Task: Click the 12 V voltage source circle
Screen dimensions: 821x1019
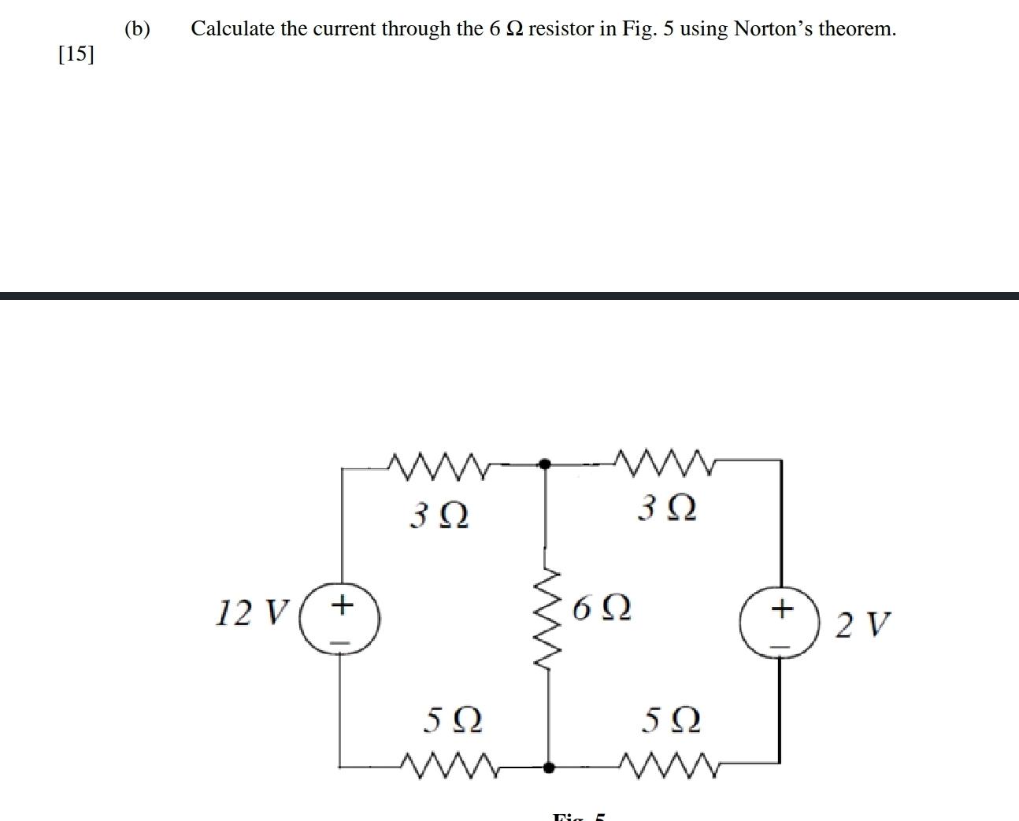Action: [341, 618]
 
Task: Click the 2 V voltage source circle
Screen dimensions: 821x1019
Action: [780, 622]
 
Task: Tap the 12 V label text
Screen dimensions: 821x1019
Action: [253, 612]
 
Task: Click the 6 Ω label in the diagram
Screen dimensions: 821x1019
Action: [602, 608]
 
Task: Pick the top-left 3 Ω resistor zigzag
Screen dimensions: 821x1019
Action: [439, 465]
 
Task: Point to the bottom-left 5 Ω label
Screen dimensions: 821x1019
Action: [452, 719]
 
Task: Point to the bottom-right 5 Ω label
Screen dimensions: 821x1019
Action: [671, 719]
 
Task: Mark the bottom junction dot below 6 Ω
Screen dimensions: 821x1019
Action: [549, 765]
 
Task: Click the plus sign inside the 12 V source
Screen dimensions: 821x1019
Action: [342, 605]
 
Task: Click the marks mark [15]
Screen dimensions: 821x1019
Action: [76, 54]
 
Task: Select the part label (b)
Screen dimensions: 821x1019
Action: [137, 29]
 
